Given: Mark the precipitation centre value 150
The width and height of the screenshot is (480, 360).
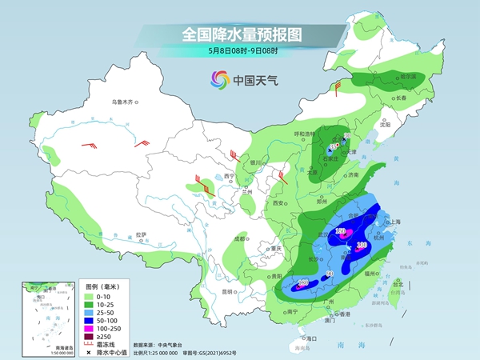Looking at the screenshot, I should tap(339, 231).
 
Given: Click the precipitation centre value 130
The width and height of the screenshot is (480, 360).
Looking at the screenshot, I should tap(361, 245).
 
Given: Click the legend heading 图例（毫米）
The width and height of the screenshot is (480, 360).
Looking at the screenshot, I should tap(102, 285).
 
